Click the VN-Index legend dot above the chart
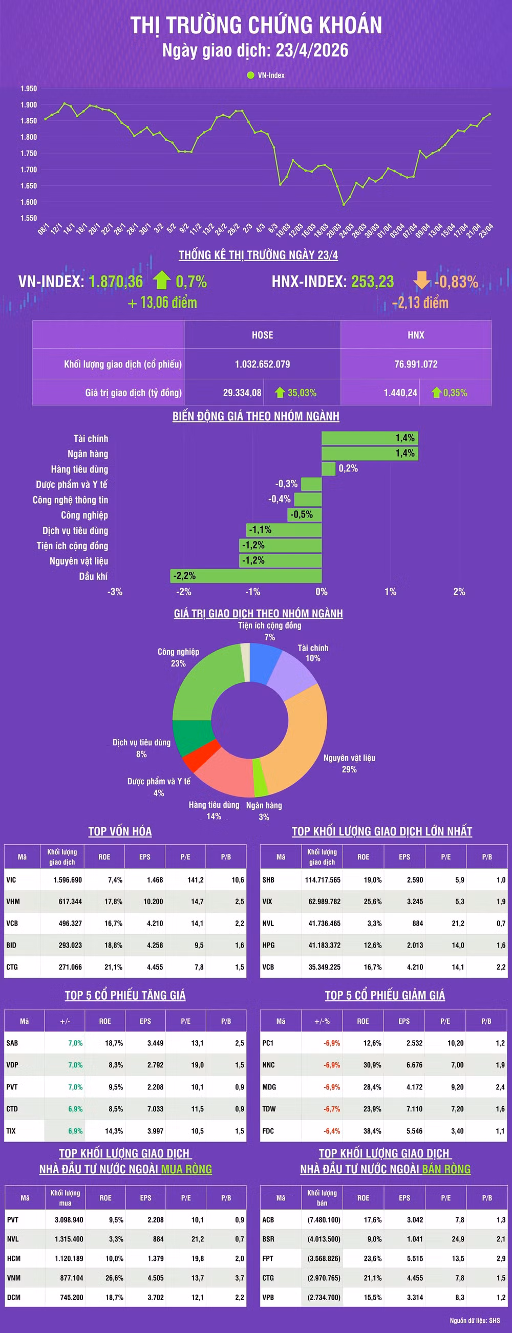250,75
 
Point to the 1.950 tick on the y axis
29,89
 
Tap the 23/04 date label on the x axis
486,230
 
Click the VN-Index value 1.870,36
115,282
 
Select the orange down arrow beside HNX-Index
421,281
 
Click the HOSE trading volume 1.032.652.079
262,364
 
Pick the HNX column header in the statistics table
416,335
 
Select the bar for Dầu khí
246,576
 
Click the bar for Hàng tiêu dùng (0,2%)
328,469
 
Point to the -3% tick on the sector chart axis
115,591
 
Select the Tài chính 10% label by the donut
313,653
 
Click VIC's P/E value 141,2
195,879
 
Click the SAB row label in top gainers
12,1043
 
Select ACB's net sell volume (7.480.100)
324,1220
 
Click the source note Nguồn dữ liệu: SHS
474,1321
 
